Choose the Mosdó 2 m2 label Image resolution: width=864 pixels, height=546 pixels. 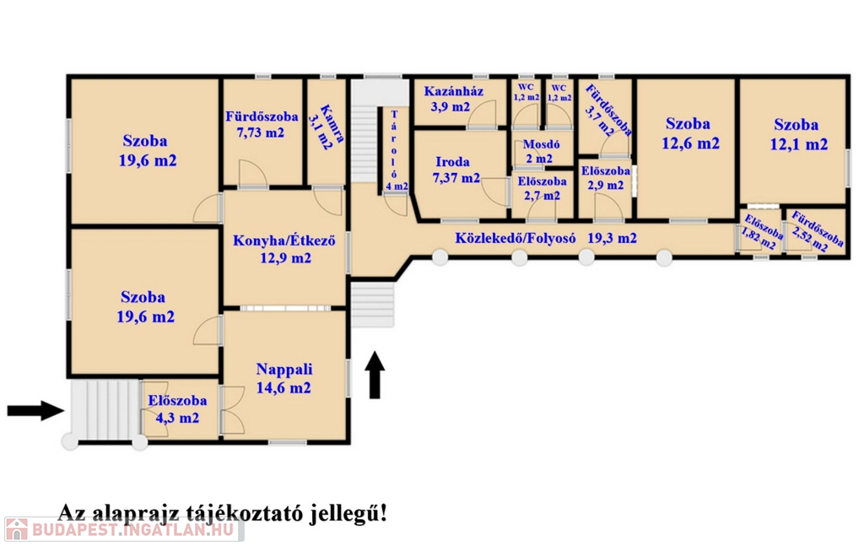pos(540,152)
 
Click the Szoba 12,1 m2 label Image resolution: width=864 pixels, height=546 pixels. pos(798,134)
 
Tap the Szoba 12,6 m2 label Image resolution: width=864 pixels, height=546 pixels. pos(690,133)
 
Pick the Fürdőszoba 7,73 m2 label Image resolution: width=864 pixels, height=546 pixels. pos(262,125)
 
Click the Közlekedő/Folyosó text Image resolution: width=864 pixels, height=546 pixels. pos(516,238)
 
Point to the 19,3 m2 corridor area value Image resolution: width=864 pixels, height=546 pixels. pos(613,238)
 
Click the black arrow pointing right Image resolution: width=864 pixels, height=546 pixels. pos(35,410)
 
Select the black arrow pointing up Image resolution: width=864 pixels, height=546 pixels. pos(375,375)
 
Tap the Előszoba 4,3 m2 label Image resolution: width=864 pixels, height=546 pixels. pos(177,409)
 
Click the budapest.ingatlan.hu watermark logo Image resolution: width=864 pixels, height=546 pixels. pos(123,529)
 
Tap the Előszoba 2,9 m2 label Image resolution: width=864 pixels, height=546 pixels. pos(605,178)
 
